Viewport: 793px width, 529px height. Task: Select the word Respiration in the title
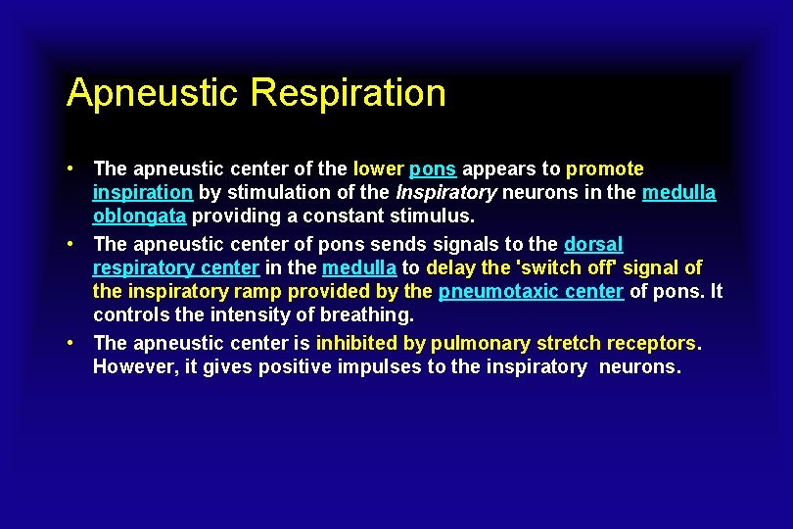(348, 93)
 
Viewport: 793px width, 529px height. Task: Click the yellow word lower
(380, 168)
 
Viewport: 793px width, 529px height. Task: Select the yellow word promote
(605, 168)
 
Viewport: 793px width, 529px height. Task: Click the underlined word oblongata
(139, 216)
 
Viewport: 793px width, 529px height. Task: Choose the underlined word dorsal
(593, 243)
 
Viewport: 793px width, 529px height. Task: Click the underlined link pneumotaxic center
(531, 291)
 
